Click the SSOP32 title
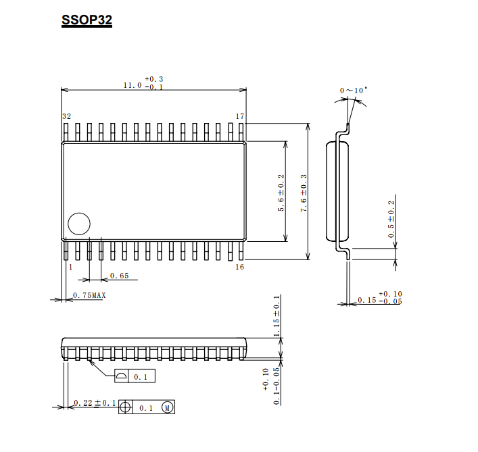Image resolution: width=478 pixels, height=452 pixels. pyautogui.click(x=87, y=20)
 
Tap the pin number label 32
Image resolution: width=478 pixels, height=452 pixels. pyautogui.click(x=67, y=116)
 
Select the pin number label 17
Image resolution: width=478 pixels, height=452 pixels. pyautogui.click(x=240, y=116)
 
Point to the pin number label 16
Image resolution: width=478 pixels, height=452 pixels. pyautogui.click(x=240, y=267)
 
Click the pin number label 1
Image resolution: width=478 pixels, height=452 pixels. pyautogui.click(x=71, y=267)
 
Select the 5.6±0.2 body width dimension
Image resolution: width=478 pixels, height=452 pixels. pyautogui.click(x=281, y=193)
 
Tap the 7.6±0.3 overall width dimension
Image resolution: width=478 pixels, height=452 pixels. pyautogui.click(x=304, y=193)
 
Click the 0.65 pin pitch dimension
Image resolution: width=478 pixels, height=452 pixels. pyautogui.click(x=120, y=276)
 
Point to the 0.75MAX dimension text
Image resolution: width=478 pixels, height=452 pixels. pyautogui.click(x=89, y=295)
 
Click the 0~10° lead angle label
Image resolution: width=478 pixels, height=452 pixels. pyautogui.click(x=354, y=90)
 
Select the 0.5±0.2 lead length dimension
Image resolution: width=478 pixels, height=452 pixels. pyautogui.click(x=391, y=219)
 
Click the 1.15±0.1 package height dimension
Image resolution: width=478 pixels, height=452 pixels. pyautogui.click(x=277, y=316)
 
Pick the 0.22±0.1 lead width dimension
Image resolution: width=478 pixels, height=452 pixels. pyautogui.click(x=95, y=403)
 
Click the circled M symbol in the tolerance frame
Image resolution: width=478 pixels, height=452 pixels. pyautogui.click(x=168, y=407)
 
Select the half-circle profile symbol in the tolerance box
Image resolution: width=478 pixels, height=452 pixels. pyautogui.click(x=122, y=376)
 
